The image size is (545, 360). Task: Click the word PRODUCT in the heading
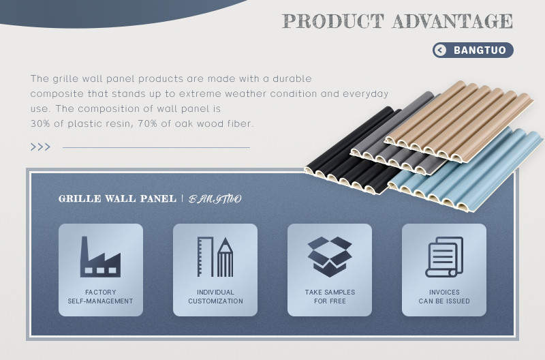(333, 21)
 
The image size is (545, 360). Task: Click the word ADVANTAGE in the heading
(452, 21)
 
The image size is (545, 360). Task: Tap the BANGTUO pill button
(473, 50)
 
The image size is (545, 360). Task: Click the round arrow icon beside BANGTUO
(440, 50)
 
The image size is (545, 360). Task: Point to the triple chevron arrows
(40, 147)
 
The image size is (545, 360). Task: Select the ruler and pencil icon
(215, 256)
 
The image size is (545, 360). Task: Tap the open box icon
(330, 256)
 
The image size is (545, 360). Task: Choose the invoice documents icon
(444, 256)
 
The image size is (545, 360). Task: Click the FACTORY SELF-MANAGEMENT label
(100, 297)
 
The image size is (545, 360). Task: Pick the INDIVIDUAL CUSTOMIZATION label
(215, 297)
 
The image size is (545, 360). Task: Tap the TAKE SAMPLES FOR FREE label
(330, 297)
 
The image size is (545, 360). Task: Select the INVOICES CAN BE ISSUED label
(444, 297)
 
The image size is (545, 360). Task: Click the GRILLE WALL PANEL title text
(117, 198)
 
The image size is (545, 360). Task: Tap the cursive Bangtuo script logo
(215, 199)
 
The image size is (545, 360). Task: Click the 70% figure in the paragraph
(144, 123)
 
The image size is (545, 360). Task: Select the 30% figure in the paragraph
(37, 123)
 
